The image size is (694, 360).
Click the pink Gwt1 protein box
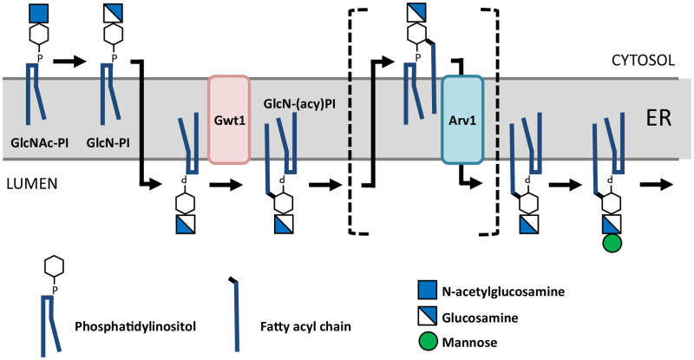[x=229, y=119]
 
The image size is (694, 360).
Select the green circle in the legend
[x=426, y=339]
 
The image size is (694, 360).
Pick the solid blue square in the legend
[x=426, y=287]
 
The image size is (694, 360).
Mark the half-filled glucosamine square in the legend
[x=426, y=313]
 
